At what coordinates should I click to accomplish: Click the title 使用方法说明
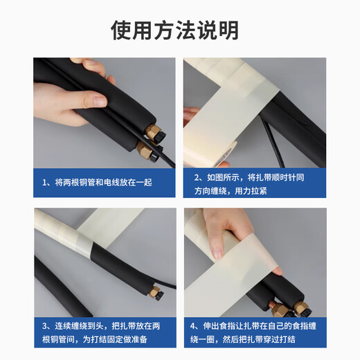coord(174,30)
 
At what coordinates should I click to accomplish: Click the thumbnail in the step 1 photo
coord(100,101)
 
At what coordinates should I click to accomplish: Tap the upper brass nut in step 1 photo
coord(152,132)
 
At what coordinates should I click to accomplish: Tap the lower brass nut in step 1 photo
coord(144,150)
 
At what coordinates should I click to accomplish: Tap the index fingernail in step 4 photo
coord(217,253)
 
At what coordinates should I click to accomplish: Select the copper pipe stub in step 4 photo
coord(272,305)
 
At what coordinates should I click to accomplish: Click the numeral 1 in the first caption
coord(44,183)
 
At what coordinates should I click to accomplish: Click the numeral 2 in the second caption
coord(197,178)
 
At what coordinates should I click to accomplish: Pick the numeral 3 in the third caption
coord(44,326)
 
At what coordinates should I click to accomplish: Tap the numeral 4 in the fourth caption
coord(193,326)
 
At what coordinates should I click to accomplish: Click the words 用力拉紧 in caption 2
coord(251,191)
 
